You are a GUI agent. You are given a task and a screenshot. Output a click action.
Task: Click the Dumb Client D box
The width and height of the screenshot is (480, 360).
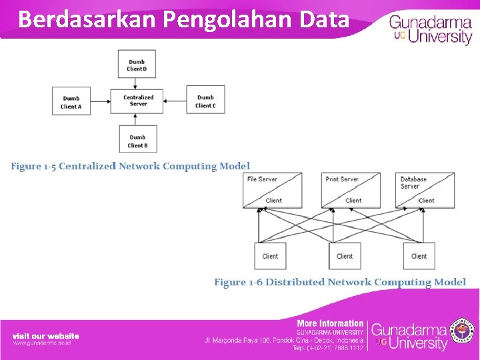(x=137, y=65)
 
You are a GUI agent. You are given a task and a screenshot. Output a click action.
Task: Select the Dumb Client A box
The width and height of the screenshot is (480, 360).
(x=71, y=101)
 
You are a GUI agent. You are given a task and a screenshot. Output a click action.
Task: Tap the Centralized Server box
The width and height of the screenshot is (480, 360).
(x=138, y=101)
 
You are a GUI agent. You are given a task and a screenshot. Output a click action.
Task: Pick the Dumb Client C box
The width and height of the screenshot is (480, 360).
(x=205, y=101)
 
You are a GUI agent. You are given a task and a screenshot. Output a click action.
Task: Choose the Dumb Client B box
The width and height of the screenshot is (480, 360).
(x=138, y=141)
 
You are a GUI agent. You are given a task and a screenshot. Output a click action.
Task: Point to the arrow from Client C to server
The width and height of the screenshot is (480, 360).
(x=175, y=101)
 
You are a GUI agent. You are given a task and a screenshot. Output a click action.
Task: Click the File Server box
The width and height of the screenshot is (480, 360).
(x=272, y=190)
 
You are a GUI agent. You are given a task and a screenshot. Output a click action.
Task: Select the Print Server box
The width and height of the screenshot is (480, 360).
(x=351, y=190)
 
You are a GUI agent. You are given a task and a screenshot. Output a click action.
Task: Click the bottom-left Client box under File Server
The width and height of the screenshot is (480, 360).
(x=270, y=256)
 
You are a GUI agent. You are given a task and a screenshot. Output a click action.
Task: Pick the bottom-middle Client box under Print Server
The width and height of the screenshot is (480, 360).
(x=345, y=256)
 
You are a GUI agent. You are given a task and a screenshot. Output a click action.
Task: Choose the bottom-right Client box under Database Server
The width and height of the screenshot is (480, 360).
(x=419, y=256)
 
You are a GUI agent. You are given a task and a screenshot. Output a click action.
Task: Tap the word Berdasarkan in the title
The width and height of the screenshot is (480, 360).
(x=87, y=19)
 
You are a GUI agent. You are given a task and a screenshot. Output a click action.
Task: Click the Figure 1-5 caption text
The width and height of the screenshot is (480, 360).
(x=131, y=166)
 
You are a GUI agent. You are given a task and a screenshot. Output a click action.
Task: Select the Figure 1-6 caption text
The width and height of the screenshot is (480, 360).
(x=339, y=282)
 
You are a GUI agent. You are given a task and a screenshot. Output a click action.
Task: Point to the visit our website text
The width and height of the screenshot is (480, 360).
(x=45, y=336)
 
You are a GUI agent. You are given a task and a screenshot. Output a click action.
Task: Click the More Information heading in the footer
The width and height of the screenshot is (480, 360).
(x=330, y=323)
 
